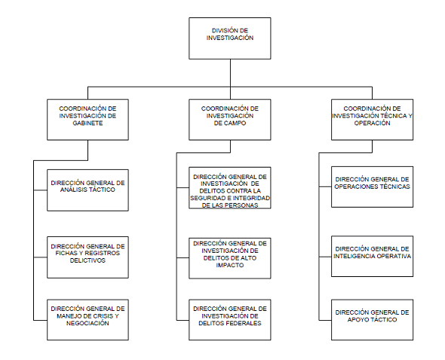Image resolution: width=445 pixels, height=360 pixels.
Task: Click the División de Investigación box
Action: (230, 38)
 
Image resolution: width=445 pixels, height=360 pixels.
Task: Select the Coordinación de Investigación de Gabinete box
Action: (87, 119)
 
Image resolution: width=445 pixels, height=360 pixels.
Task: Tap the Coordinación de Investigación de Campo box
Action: (230, 119)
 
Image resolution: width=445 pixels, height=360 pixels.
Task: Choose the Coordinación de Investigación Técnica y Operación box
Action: (372, 119)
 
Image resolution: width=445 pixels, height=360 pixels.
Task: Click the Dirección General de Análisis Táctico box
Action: (87, 190)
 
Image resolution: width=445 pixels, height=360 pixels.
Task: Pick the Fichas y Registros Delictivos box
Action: (87, 257)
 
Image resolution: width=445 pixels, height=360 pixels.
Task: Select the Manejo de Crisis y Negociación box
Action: (87, 320)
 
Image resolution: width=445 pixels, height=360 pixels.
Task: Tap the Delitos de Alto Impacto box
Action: (230, 258)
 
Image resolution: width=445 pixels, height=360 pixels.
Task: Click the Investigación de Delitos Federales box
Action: (230, 320)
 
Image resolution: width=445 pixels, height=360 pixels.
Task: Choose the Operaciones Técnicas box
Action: (372, 187)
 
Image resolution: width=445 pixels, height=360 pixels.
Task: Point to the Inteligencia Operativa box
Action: (372, 256)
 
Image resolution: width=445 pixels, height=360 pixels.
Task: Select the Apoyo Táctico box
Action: (372, 320)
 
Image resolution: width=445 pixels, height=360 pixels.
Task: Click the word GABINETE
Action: (87, 123)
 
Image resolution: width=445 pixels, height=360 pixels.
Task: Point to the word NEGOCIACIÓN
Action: (87, 323)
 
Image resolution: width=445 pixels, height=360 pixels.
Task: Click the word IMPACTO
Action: (230, 265)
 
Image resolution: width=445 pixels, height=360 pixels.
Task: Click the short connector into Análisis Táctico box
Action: (40, 190)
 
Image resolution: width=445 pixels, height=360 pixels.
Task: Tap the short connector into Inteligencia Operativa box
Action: (325, 257)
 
